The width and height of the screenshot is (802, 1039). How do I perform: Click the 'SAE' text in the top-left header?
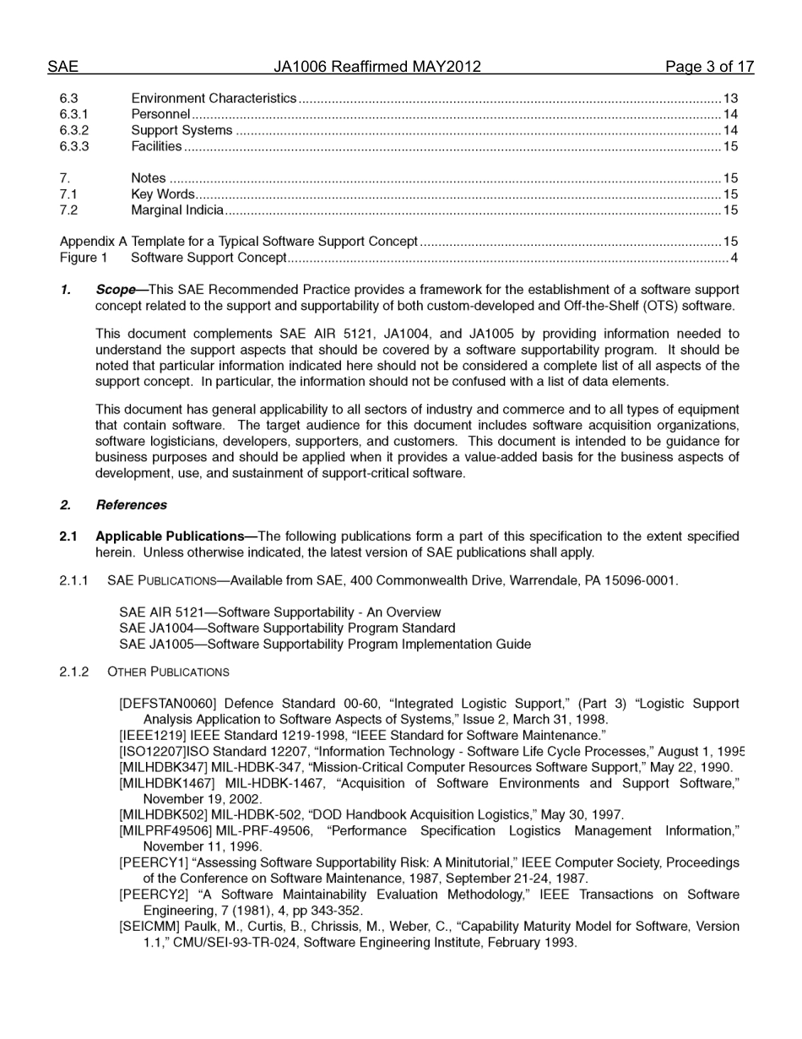62,67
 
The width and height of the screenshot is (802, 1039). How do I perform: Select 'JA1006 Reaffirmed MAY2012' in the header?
377,67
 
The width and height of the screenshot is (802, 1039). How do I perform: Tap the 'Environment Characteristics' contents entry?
214,99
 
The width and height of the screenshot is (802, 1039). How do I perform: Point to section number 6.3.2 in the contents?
74,130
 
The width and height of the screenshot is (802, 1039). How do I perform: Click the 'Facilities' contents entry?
156,146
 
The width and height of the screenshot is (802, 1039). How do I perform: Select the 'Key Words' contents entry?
162,194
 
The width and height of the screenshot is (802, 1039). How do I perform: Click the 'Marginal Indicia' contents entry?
177,209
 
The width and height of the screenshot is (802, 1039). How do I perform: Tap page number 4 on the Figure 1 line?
734,258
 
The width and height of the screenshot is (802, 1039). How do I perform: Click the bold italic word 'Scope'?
116,290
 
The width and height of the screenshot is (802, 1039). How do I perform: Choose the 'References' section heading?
131,505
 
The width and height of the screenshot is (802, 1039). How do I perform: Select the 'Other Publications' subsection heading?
168,672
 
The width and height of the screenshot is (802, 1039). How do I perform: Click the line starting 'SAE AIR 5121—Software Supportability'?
279,612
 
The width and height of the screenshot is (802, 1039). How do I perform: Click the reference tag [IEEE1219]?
152,736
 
